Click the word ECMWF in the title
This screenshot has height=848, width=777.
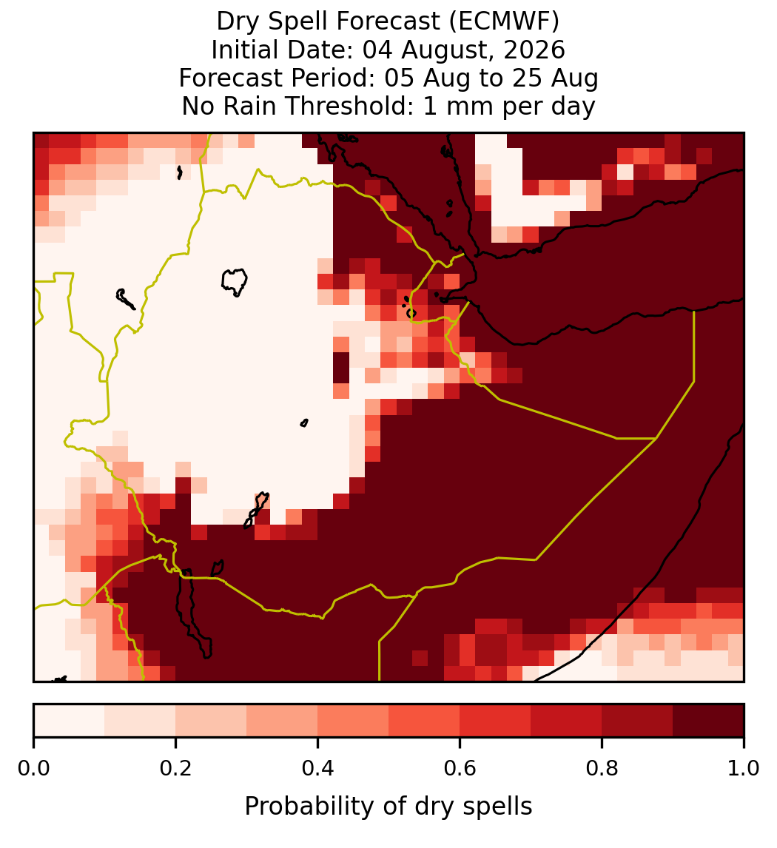[500, 21]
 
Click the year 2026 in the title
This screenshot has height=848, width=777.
[534, 50]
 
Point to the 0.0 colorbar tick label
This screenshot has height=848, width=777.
[33, 769]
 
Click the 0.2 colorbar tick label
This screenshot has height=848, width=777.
[175, 769]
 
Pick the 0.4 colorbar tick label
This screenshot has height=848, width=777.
[318, 769]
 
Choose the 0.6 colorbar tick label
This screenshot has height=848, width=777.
[460, 769]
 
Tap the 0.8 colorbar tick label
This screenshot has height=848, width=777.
[602, 769]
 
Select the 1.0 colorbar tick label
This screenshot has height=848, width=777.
[744, 769]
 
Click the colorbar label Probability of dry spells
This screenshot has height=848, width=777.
[388, 807]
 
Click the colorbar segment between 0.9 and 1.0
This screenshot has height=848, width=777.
[709, 721]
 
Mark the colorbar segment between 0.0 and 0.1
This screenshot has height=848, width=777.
[70, 721]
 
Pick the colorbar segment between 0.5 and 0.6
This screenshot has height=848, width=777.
[425, 721]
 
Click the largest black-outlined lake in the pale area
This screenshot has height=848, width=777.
[234, 282]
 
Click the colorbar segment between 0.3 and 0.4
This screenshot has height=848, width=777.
[282, 721]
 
